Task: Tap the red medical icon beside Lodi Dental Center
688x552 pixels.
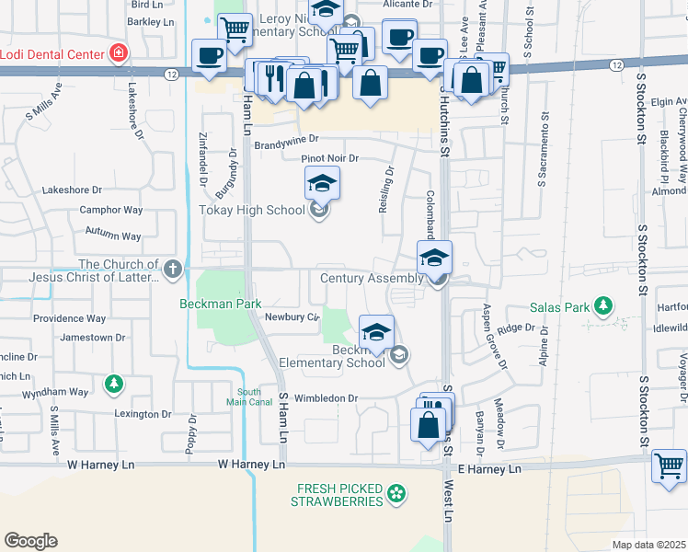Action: pyautogui.click(x=118, y=53)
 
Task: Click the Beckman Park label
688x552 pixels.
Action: pyautogui.click(x=221, y=304)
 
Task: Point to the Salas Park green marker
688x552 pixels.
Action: pyautogui.click(x=603, y=305)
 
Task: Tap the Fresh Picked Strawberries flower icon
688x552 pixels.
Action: pyautogui.click(x=396, y=495)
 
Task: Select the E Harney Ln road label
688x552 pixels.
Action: pyautogui.click(x=489, y=469)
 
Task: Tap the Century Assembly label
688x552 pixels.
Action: pyautogui.click(x=371, y=278)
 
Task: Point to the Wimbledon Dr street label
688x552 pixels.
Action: pyautogui.click(x=326, y=398)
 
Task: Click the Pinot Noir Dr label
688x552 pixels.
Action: pyautogui.click(x=329, y=158)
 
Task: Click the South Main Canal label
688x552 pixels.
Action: pyautogui.click(x=243, y=397)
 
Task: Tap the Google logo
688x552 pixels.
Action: pyautogui.click(x=30, y=541)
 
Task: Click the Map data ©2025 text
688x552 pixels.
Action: pyautogui.click(x=648, y=545)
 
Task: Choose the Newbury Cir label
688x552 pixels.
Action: pyautogui.click(x=291, y=317)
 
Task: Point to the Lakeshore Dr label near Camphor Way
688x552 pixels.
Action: pyautogui.click(x=72, y=190)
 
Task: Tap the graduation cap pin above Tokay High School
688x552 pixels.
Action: pyautogui.click(x=322, y=182)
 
